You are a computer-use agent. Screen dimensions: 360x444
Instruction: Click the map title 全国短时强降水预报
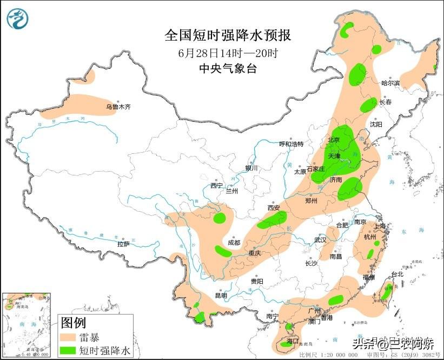(x=228, y=36)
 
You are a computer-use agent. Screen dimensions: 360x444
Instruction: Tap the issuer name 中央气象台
(x=228, y=69)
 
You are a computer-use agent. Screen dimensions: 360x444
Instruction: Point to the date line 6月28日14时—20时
(x=228, y=53)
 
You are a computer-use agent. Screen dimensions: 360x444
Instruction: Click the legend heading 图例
(x=73, y=324)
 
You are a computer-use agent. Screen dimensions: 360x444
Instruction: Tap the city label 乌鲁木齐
(x=118, y=107)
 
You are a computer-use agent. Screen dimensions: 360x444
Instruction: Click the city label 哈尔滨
(x=390, y=83)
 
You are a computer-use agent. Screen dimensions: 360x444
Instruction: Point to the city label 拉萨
(x=123, y=244)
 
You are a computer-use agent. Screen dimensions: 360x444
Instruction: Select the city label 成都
(x=234, y=243)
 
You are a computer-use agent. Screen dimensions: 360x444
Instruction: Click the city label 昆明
(x=221, y=296)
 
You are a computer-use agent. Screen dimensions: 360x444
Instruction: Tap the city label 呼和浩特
(x=291, y=144)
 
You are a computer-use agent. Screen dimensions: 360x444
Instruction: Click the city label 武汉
(x=320, y=240)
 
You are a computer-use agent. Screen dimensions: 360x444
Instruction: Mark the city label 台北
(x=397, y=274)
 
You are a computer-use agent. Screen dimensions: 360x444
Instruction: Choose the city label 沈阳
(x=376, y=124)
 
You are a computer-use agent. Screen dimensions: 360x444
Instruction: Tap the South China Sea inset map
(x=26, y=325)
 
